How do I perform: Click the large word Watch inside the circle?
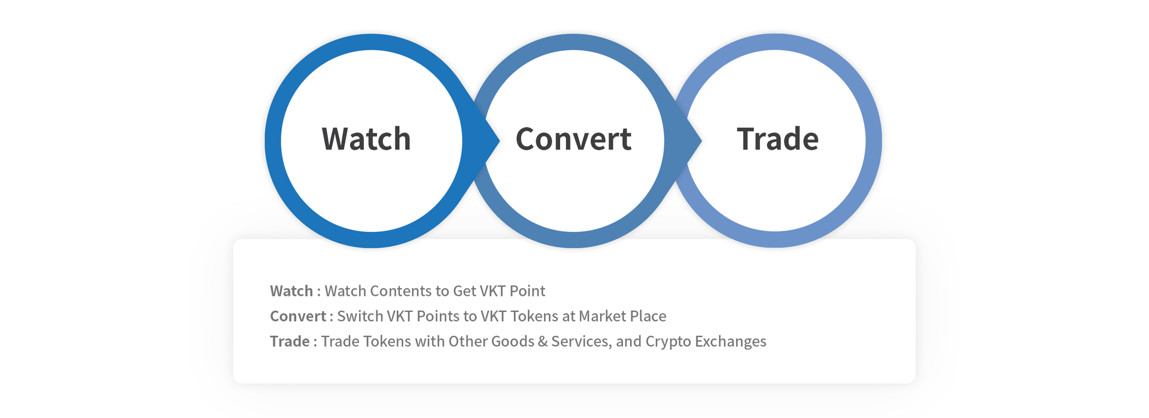pos(366,139)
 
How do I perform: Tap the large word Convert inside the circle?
pos(573,139)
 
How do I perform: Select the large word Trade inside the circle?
pos(777,139)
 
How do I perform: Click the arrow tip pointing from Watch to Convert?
pos(498,141)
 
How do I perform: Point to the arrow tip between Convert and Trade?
pos(701,141)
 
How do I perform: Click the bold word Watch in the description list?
pos(291,291)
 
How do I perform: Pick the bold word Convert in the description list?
pos(298,316)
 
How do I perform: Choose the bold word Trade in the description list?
pos(290,341)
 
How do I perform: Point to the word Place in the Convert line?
pos(648,316)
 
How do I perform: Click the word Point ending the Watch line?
pos(527,291)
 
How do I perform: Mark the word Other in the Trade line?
pos(468,341)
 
